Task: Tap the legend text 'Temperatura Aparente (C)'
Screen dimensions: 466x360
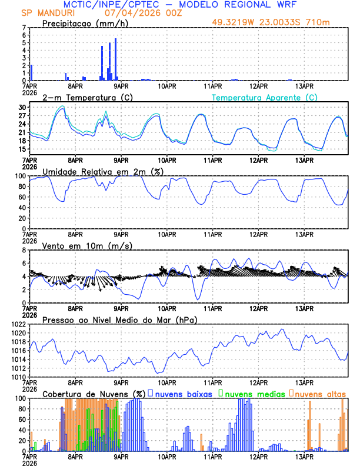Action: point(264,97)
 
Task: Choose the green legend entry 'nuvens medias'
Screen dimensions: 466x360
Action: point(252,393)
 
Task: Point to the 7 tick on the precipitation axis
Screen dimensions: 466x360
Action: point(24,28)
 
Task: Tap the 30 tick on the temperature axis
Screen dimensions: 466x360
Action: point(22,108)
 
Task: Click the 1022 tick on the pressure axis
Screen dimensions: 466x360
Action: point(18,324)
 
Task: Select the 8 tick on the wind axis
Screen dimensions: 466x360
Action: point(24,250)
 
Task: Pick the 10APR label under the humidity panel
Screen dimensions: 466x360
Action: point(168,234)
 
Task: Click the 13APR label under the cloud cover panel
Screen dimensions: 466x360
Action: point(304,456)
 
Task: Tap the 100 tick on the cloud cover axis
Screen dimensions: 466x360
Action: point(20,398)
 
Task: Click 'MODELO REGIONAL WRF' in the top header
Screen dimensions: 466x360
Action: point(237,4)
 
